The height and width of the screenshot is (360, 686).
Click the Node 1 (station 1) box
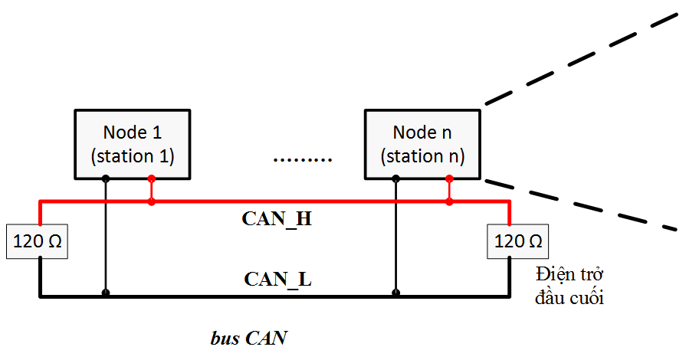[x=132, y=143]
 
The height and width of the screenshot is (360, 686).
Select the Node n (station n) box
[x=422, y=143]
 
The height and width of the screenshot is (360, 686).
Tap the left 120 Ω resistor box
[x=38, y=243]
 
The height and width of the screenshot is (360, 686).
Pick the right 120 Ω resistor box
[x=518, y=243]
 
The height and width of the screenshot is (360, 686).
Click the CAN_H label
[x=277, y=218]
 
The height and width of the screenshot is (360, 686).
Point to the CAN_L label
[x=277, y=278]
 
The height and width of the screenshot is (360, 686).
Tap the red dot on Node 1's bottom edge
[x=152, y=178]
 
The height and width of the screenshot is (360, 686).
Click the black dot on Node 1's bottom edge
[x=105, y=178]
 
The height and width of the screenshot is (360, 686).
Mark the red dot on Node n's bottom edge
[x=449, y=178]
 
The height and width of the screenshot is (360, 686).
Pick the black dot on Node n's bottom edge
[x=395, y=178]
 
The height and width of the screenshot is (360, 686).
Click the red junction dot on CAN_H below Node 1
[x=152, y=202]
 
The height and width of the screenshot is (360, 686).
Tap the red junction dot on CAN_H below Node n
[x=449, y=202]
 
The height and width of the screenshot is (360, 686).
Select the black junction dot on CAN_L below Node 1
[x=105, y=293]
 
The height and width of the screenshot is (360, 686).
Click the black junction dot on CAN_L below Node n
[x=395, y=293]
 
